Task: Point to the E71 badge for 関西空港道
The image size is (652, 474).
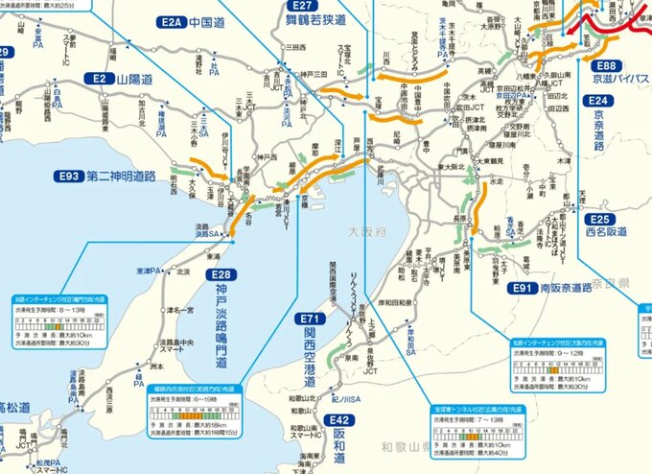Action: pos(309,319)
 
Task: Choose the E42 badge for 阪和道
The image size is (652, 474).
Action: pos(339,420)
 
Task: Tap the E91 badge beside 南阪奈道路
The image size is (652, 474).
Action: pos(522,287)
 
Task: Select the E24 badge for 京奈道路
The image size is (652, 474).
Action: pos(597,100)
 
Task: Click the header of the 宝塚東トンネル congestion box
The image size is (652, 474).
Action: pos(477,409)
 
